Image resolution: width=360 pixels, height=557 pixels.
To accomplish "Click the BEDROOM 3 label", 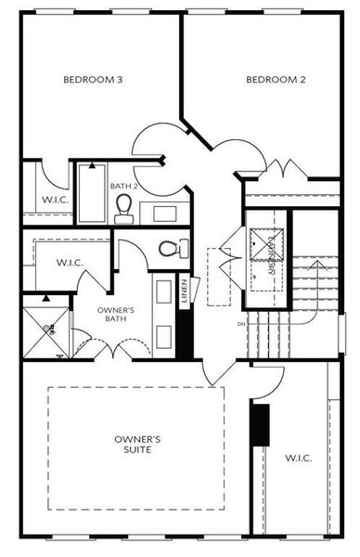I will pyautogui.click(x=93, y=80).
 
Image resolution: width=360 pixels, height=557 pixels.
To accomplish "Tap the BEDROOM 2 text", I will pyautogui.click(x=276, y=80).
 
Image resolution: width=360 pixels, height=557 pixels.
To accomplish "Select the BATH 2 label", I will pyautogui.click(x=124, y=187).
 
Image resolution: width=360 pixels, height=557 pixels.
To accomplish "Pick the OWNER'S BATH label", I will pyautogui.click(x=118, y=315).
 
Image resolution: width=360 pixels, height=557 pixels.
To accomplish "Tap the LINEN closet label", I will pyautogui.click(x=185, y=291).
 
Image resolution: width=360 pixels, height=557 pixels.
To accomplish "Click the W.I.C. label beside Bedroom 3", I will pyautogui.click(x=51, y=201).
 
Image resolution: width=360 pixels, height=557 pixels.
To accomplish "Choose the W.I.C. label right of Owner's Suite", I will pyautogui.click(x=299, y=458).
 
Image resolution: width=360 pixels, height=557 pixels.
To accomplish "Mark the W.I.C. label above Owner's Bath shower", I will pyautogui.click(x=69, y=263).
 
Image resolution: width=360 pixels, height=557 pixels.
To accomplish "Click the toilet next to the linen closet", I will pyautogui.click(x=170, y=249).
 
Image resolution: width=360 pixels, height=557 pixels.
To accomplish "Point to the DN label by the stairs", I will pyautogui.click(x=241, y=324).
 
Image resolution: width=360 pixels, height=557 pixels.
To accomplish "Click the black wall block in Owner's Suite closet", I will pyautogui.click(x=261, y=426).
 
